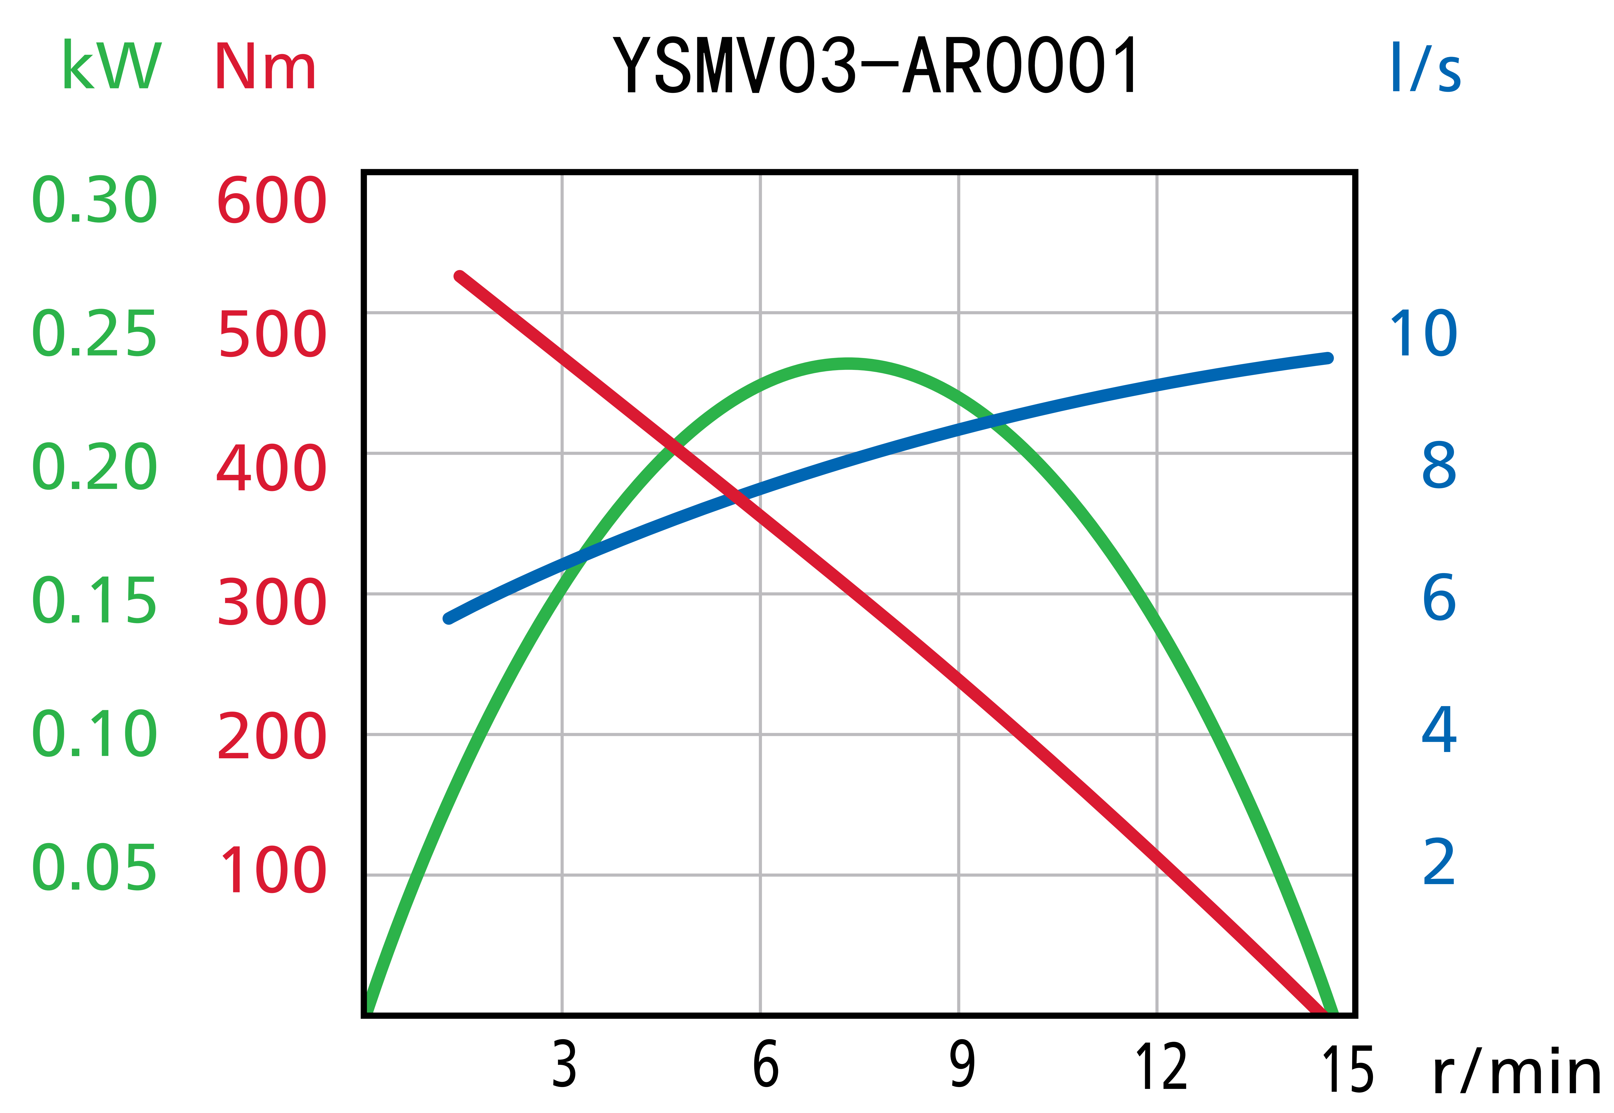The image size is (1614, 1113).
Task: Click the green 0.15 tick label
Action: coord(95,601)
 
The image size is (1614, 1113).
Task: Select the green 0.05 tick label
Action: coord(95,868)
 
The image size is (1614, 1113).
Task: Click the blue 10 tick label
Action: coord(1424,334)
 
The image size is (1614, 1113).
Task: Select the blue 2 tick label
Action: coord(1439,863)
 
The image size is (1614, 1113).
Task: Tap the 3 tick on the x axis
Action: coord(564,1065)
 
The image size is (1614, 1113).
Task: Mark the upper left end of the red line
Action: coord(459,276)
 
